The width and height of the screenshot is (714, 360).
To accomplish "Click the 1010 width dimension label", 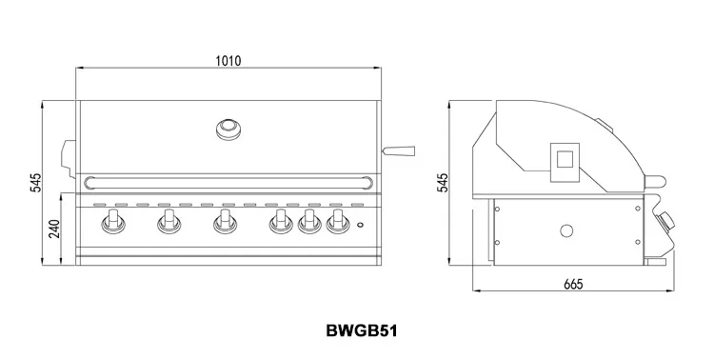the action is [228, 61].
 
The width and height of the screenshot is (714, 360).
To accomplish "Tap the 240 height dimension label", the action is [54, 229].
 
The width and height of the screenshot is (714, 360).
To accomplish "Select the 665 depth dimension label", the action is [573, 284].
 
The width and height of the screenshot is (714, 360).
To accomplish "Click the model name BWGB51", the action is [362, 330].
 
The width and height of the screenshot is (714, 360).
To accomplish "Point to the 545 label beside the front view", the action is [35, 183].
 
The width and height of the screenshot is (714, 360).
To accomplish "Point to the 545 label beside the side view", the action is [443, 183].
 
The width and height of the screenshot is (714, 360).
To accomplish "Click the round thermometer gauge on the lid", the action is [228, 130].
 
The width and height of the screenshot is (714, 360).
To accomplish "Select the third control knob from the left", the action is [225, 222].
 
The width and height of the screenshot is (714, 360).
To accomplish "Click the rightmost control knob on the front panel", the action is [337, 222].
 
